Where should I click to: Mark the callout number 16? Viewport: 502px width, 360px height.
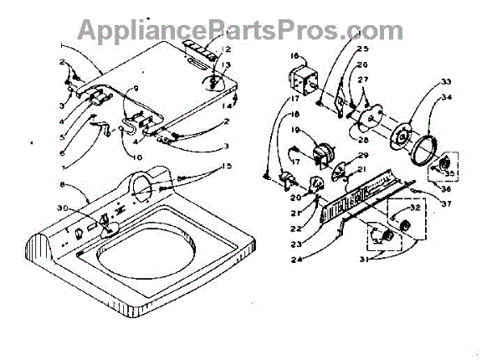295,56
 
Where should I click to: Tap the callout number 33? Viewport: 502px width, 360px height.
446,81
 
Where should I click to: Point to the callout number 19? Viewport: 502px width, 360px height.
295,131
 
